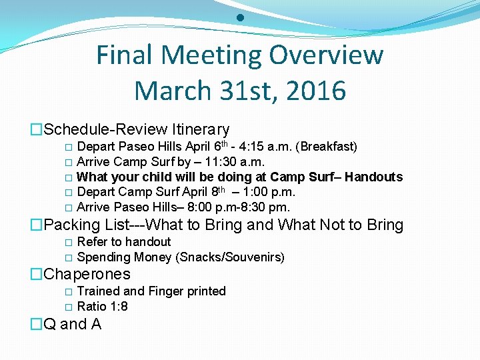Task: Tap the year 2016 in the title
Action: [x=317, y=91]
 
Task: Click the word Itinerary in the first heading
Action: [x=201, y=129]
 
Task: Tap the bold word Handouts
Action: [x=373, y=177]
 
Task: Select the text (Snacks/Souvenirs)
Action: [x=230, y=257]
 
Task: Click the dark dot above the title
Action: [x=240, y=18]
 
